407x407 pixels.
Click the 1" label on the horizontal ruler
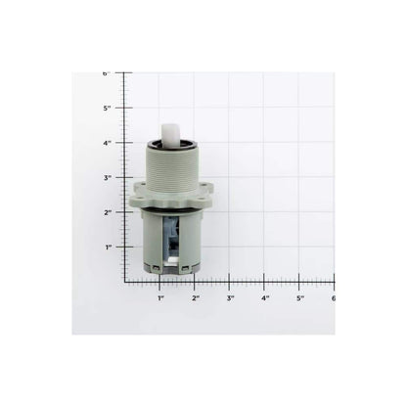click(160, 296)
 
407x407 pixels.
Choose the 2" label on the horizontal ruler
click(196, 296)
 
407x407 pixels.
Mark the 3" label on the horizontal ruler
click(230, 296)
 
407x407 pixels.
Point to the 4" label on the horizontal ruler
click(265, 296)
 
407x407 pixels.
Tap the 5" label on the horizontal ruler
click(300, 296)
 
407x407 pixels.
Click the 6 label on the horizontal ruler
click(332, 296)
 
